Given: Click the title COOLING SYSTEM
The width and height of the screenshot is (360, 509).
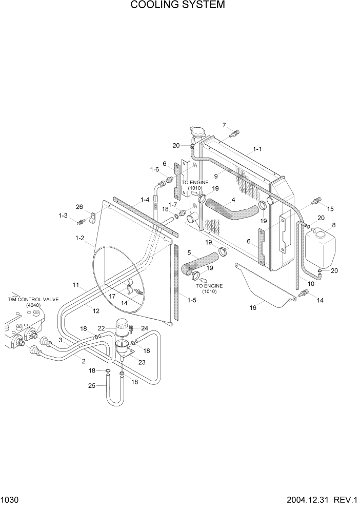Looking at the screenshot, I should (177, 6).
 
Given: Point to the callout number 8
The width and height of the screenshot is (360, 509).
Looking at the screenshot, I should (334, 225).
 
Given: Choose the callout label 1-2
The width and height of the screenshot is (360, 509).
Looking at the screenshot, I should (80, 238).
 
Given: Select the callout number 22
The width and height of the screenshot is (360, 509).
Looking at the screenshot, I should (102, 328).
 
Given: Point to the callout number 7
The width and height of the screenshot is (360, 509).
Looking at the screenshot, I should (224, 125).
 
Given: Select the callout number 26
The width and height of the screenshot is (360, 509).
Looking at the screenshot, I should (79, 207).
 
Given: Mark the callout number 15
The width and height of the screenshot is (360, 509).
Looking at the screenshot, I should (330, 208).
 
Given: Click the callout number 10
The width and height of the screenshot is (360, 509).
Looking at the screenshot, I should (310, 283).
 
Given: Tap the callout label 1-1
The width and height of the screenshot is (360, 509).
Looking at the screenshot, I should (257, 149).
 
